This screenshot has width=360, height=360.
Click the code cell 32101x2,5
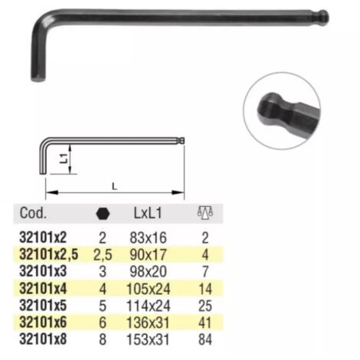pos(48,254)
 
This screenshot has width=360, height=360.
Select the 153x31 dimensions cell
pos(148,339)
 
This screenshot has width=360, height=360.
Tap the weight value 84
pos(205,339)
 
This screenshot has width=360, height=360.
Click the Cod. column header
pos(33,213)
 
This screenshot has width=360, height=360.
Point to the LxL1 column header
pos(148,213)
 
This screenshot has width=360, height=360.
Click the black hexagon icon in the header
pos(103,214)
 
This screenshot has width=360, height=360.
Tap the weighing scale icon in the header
pos(205,213)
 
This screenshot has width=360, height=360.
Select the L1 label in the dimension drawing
pos(64,159)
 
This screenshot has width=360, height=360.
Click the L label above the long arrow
pos(115,187)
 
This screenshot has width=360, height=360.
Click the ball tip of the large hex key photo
pos(324,18)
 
